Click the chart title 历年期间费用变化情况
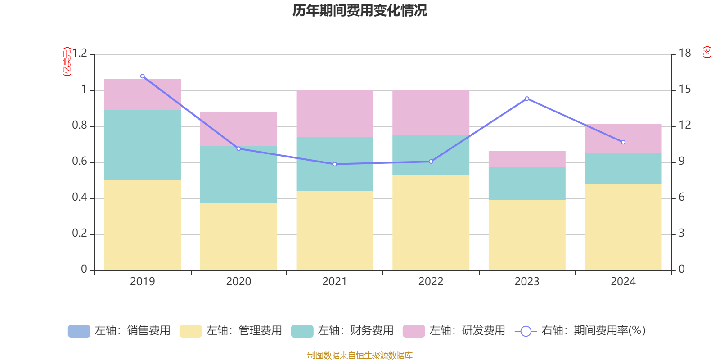360,10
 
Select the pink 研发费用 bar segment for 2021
335,113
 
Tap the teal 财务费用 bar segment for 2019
143,145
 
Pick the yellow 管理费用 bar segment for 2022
431,222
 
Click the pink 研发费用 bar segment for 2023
527,159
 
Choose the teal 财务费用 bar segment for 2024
623,168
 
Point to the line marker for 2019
143,76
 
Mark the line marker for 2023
527,99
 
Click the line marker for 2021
335,164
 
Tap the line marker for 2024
623,142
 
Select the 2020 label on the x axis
238,282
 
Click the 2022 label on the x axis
431,282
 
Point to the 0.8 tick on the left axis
80,126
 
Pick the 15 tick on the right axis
685,90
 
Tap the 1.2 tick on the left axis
80,54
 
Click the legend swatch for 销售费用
79,331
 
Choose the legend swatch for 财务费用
302,331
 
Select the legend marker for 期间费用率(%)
526,331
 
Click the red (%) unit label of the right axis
706,52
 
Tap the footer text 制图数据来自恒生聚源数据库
360,355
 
